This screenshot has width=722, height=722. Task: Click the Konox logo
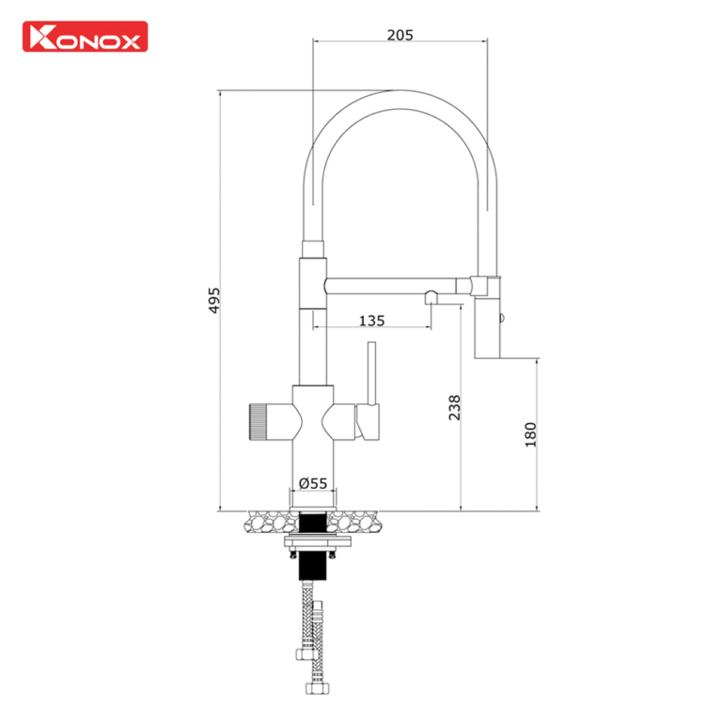click(85, 37)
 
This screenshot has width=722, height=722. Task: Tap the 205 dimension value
click(400, 35)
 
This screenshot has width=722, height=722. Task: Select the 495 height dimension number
click(213, 301)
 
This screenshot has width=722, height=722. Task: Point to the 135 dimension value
click(372, 321)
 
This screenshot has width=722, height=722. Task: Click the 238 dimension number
click(455, 406)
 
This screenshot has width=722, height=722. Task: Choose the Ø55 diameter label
click(312, 483)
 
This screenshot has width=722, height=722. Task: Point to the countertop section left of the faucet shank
click(269, 519)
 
